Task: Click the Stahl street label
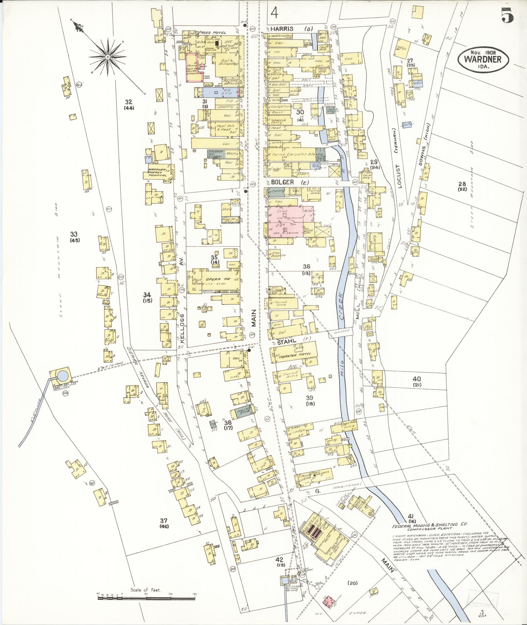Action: tap(287, 341)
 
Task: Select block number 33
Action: tap(74, 234)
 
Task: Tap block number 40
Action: tap(417, 379)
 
